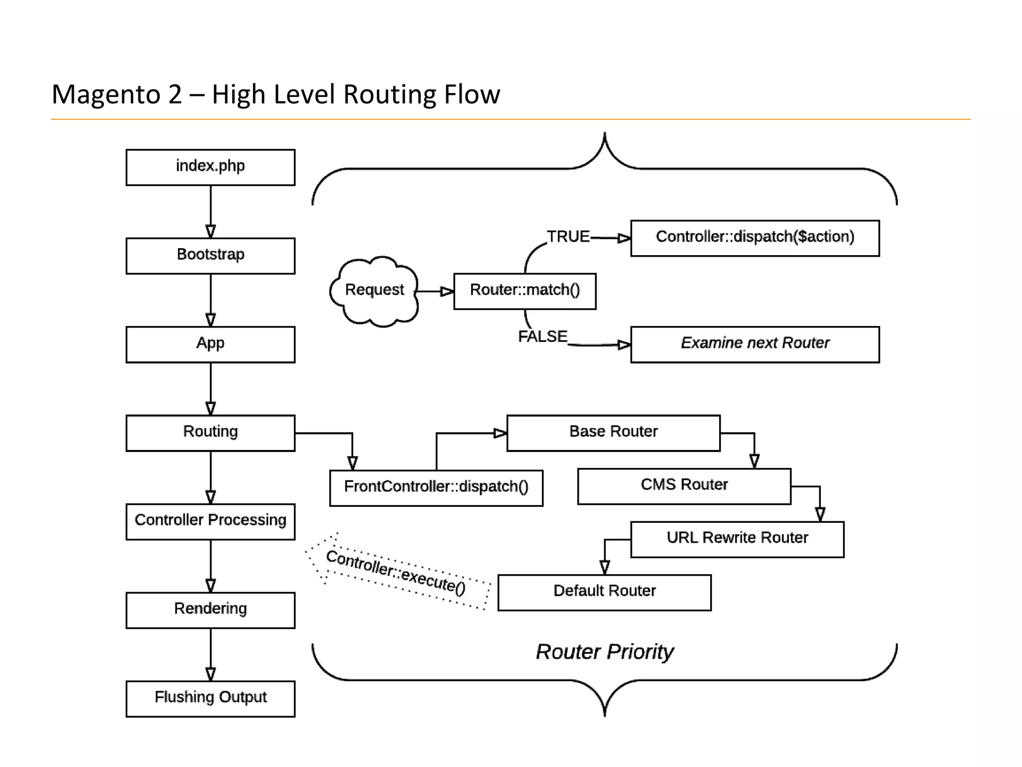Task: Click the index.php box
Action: point(210,167)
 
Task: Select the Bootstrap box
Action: point(210,256)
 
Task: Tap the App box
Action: point(210,344)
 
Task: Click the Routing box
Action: point(210,433)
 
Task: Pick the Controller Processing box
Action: point(210,521)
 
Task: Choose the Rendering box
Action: point(210,610)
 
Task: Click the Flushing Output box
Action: point(210,699)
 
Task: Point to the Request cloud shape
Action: point(374,291)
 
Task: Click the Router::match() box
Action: point(524,291)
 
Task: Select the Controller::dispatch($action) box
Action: point(755,238)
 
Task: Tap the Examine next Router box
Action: point(755,344)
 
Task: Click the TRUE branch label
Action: point(568,236)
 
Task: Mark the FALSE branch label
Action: point(542,337)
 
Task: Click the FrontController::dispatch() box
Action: point(436,488)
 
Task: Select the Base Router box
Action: point(613,433)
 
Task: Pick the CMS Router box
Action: point(684,486)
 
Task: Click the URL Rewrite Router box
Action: point(737,539)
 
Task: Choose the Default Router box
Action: point(604,592)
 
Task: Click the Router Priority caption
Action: point(604,652)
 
